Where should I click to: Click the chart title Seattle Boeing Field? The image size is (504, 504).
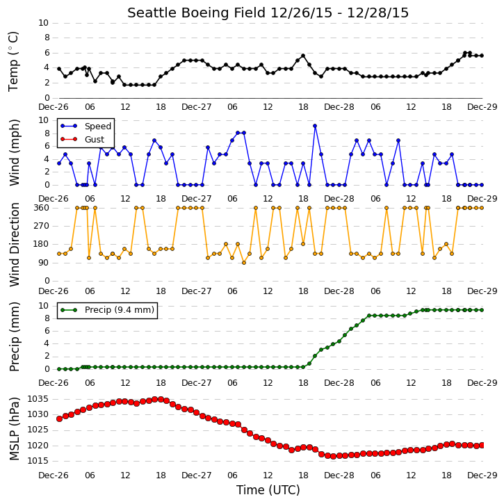[197, 13]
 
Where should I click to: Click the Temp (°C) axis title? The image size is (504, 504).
[13, 62]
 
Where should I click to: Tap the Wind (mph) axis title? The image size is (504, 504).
[14, 152]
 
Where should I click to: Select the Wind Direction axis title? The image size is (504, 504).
[14, 244]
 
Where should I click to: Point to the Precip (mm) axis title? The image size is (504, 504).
[14, 336]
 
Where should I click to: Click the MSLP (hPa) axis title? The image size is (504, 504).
[14, 429]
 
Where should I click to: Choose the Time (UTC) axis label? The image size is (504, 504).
[268, 490]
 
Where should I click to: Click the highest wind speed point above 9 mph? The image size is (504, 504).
[315, 126]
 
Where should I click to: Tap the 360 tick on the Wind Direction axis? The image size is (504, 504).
[42, 208]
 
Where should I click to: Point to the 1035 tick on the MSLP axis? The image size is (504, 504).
[38, 399]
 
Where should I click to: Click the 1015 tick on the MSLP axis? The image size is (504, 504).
[38, 461]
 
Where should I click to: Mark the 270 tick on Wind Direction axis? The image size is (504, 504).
[42, 226]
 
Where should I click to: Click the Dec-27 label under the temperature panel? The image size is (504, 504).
[197, 107]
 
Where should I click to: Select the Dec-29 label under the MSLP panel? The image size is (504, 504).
[482, 475]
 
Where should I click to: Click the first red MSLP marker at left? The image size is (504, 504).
[59, 418]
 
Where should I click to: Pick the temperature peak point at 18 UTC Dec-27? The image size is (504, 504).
[303, 56]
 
